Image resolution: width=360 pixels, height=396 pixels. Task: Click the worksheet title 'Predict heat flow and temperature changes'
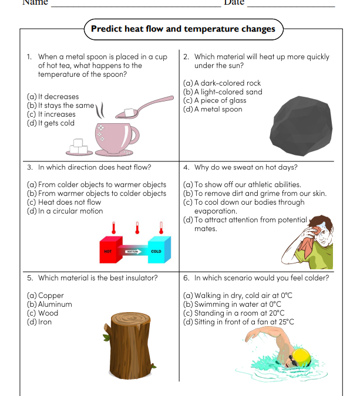(183, 29)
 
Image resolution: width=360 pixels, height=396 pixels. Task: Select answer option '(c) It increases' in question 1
(51, 114)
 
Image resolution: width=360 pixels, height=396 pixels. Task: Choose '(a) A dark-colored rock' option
(222, 83)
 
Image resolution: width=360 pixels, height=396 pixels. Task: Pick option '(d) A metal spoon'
(213, 109)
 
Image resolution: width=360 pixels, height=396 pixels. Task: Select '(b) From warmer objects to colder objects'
(97, 193)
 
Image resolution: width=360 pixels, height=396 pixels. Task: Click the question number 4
(186, 167)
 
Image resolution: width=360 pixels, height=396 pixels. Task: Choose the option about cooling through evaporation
(244, 207)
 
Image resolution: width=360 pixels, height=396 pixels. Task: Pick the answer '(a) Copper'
(45, 296)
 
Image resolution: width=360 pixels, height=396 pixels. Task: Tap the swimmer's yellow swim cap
(301, 356)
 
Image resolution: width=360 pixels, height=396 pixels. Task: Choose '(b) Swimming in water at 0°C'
(232, 304)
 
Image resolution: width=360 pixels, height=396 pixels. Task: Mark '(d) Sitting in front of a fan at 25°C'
(238, 322)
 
